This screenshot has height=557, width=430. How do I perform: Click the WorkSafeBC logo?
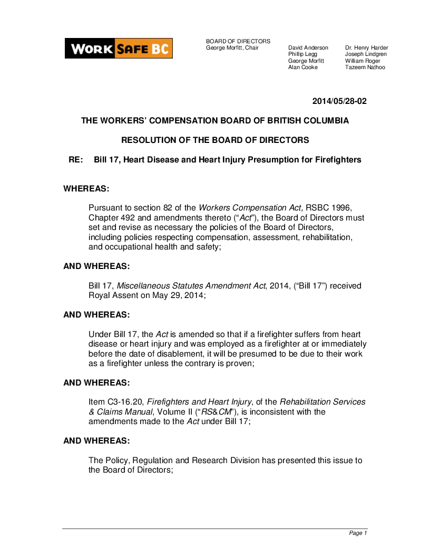coord(119,49)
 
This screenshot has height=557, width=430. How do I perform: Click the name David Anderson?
coord(308,47)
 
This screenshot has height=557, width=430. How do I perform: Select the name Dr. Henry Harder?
coord(366,47)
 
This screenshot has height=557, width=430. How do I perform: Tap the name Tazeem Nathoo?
coord(365,68)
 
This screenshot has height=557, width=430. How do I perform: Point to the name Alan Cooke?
coord(302,68)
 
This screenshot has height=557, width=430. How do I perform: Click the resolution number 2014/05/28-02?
coord(339,101)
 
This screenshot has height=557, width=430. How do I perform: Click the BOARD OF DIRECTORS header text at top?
coord(238,41)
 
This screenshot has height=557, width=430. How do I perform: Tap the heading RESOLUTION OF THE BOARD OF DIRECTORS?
coord(215,140)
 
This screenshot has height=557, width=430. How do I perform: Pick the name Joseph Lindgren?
coord(366,54)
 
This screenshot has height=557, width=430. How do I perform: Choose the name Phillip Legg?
coord(302,54)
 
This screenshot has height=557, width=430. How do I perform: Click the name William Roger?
coord(363,61)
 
